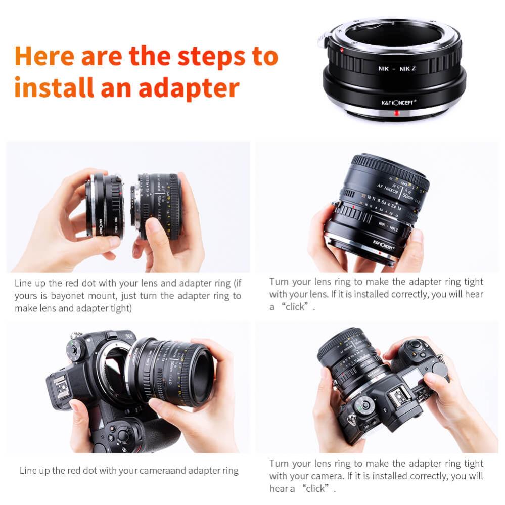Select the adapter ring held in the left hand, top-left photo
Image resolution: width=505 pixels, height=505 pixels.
[105, 206]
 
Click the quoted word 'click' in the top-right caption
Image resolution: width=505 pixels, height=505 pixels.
[295, 307]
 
